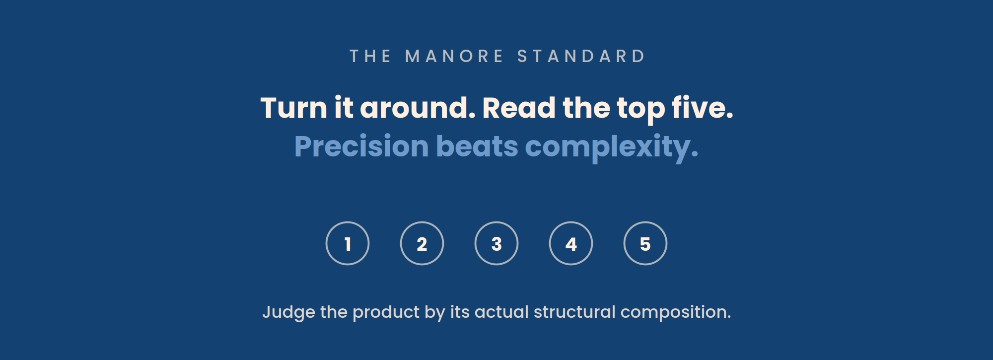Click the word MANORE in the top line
coord(454,56)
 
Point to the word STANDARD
coord(581,56)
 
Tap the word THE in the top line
coord(370,56)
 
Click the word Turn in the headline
coord(293,108)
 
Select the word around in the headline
coord(417,108)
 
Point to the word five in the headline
coord(698,108)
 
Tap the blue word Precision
coord(361,146)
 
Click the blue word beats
coord(477,146)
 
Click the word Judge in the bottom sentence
coord(288,312)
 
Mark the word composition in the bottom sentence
coord(673,313)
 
